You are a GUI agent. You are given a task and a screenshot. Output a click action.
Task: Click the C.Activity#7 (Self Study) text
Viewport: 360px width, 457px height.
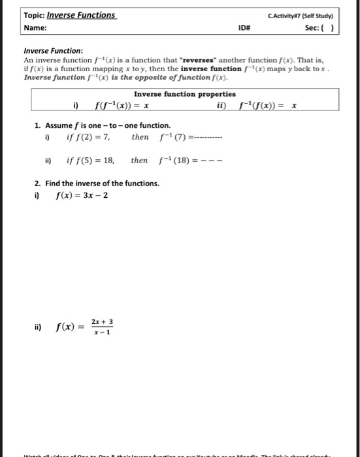pyautogui.click(x=301, y=15)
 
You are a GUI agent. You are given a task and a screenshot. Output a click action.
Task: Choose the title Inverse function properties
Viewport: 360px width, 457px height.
pyautogui.click(x=185, y=94)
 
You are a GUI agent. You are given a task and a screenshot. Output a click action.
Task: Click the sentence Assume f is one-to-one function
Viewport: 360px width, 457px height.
pyautogui.click(x=99, y=125)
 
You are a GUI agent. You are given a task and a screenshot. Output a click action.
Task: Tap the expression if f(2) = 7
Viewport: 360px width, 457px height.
pyautogui.click(x=88, y=137)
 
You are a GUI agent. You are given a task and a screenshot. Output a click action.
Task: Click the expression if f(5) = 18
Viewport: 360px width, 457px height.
pyautogui.click(x=91, y=160)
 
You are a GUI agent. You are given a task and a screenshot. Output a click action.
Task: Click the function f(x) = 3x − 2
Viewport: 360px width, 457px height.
pyautogui.click(x=82, y=195)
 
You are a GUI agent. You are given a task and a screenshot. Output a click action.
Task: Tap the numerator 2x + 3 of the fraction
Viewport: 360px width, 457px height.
pyautogui.click(x=103, y=322)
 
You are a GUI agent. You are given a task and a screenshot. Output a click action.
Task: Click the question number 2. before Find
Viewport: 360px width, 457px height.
pyautogui.click(x=37, y=183)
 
